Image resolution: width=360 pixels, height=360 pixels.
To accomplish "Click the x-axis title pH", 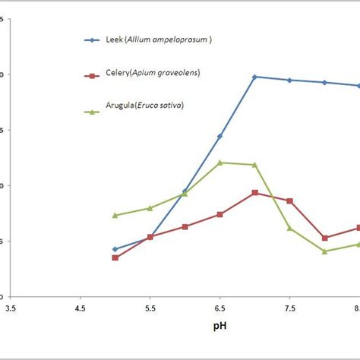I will click(219, 327).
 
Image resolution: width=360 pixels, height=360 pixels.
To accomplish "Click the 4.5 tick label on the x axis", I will click(80, 308).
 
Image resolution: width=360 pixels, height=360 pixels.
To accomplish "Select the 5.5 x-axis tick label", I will click(150, 308).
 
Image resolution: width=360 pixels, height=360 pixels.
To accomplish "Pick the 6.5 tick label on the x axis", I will click(219, 308).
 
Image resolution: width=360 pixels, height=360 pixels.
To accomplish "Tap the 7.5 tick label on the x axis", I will click(289, 308).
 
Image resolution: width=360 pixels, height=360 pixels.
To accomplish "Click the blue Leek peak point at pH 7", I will click(254, 77).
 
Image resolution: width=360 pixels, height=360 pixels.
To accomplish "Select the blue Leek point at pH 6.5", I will click(219, 136).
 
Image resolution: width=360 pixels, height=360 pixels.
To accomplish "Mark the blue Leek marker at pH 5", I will click(115, 249).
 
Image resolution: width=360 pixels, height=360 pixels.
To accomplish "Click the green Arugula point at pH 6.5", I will click(219, 163).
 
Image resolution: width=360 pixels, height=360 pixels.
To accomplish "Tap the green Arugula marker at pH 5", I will click(115, 215).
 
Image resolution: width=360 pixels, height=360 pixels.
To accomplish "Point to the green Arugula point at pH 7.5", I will click(289, 228).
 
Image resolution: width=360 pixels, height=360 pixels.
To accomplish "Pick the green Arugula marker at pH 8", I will click(324, 251).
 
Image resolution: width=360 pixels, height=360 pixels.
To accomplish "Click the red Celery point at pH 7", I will click(254, 193).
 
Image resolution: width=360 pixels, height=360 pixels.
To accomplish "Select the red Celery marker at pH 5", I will click(115, 257).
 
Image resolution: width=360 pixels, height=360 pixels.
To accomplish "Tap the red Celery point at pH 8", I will click(324, 238).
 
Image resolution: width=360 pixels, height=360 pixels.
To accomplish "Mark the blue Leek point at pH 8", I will click(324, 82).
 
